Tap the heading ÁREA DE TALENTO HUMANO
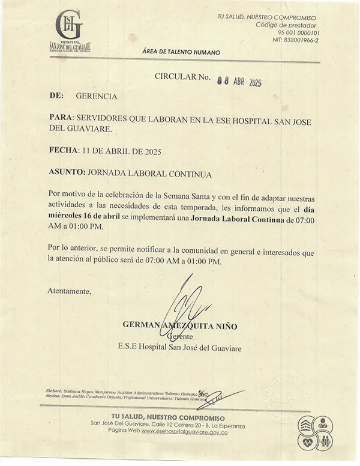click(181, 52)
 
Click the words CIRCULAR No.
click(182, 77)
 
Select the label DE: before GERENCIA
click(56, 96)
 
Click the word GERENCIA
click(97, 96)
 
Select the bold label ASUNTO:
click(67, 173)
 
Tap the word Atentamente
click(69, 291)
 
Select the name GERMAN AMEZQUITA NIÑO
click(180, 325)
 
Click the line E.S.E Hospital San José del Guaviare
click(179, 347)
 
